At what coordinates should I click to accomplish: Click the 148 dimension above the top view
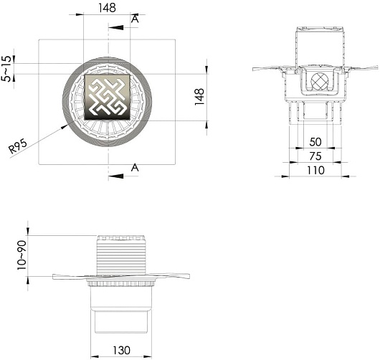107,8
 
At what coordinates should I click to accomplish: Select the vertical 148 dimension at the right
199,97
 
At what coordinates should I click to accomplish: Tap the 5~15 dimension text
6,69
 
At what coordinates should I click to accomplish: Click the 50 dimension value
315,142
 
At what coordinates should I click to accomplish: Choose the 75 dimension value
315,156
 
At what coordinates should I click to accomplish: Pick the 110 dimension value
315,171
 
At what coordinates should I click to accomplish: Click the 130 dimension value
121,350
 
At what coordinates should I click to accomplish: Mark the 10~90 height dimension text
22,255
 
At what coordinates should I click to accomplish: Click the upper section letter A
135,19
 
